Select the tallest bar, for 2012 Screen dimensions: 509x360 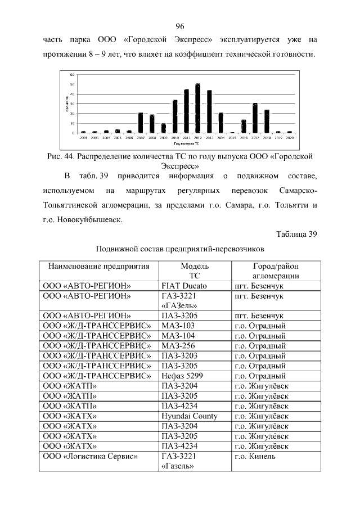click(198, 108)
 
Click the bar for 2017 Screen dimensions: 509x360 click(255, 118)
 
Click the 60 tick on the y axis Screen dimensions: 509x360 click(73, 75)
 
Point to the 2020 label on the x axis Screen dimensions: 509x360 click(290, 137)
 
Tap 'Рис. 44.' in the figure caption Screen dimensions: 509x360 click(60, 156)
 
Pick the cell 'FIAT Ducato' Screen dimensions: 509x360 click(184, 285)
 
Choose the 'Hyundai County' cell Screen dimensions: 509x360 click(190, 416)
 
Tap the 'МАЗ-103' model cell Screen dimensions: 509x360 click(178, 325)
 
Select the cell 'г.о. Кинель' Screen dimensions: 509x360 click(255, 457)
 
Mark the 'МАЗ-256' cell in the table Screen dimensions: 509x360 click(178, 345)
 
